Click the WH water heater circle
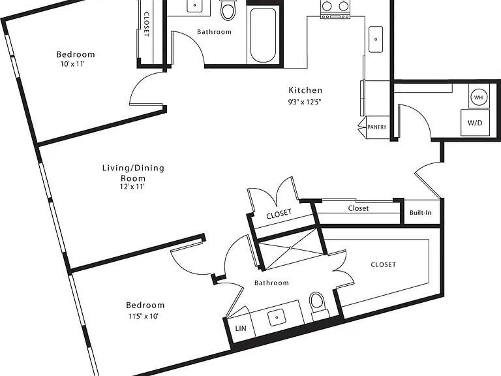tap(478, 97)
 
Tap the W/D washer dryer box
tap(475, 123)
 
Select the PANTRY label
tap(377, 127)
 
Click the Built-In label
tap(421, 213)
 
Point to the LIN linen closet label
tap(241, 328)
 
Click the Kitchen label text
tap(305, 90)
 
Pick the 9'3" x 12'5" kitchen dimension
tap(305, 102)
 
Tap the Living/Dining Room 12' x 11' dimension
tap(132, 187)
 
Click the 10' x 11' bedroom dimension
tap(72, 64)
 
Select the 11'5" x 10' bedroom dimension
tap(144, 316)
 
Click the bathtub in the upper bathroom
tap(263, 35)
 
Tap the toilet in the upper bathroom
tap(228, 10)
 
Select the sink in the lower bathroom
tap(277, 317)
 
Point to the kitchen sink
tap(376, 39)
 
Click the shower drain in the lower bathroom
tap(291, 248)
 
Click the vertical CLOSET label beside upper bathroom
tap(146, 24)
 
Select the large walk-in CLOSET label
tap(383, 265)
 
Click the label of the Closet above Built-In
tap(358, 208)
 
